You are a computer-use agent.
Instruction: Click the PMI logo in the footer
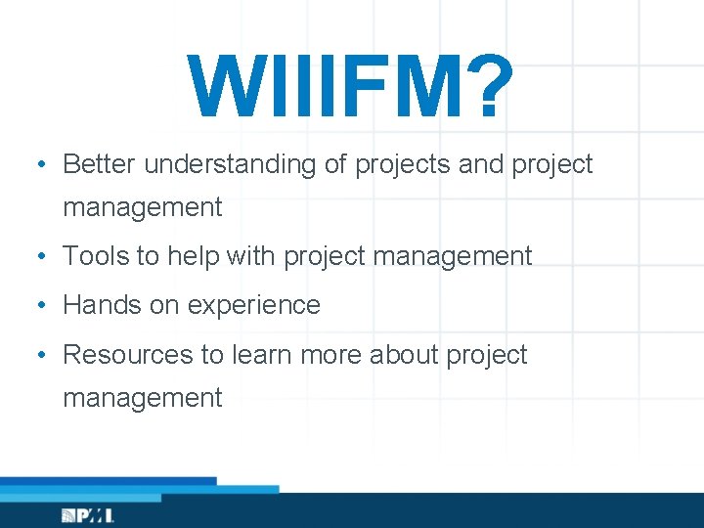88,515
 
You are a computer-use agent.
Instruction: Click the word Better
100,164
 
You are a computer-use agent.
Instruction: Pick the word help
193,256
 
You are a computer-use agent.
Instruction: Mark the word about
404,354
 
